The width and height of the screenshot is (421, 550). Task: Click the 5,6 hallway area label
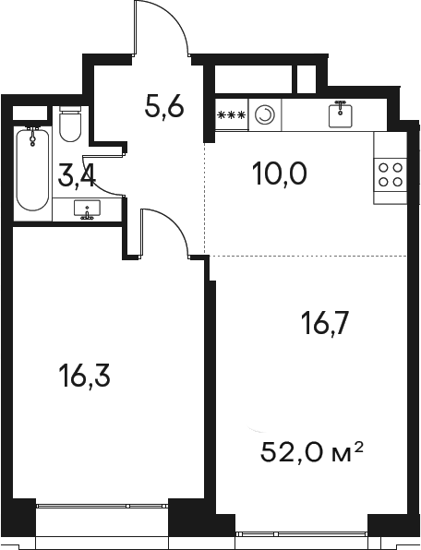[x=164, y=108]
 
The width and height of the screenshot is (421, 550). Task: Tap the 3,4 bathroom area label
[x=77, y=177]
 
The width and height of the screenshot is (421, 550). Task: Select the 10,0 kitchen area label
[x=279, y=174]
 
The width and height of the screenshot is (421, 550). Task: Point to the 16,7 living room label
[x=325, y=325]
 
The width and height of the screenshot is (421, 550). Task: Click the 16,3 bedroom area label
[x=85, y=377]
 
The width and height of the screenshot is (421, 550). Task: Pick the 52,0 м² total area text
[x=311, y=452]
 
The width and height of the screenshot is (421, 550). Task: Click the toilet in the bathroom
[x=70, y=124]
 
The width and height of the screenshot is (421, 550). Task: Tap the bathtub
[x=32, y=170]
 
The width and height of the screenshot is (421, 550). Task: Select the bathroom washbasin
[x=87, y=209]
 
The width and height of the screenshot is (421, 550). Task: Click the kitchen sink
[x=340, y=114]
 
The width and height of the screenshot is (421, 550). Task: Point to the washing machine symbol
[x=265, y=114]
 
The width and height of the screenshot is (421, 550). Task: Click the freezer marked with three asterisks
[x=232, y=114]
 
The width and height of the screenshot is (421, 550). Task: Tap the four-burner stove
[x=391, y=174]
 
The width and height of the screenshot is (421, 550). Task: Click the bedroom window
[x=102, y=506]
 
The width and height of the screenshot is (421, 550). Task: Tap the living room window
[x=302, y=534]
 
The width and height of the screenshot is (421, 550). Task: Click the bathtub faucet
[x=33, y=136]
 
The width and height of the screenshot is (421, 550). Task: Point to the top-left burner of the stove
[x=384, y=168]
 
